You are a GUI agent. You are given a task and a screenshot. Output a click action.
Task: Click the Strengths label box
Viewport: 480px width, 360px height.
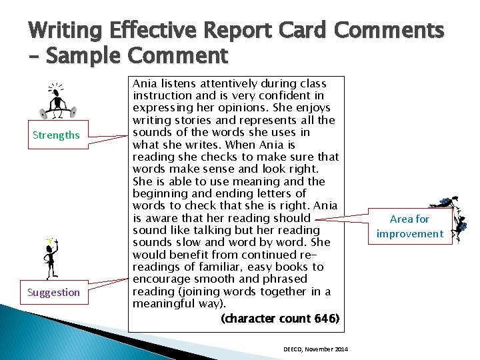click(56, 135)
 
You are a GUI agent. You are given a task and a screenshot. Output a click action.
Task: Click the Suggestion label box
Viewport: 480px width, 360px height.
click(53, 293)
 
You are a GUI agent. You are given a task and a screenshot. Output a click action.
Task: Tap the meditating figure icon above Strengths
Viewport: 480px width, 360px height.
click(58, 101)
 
